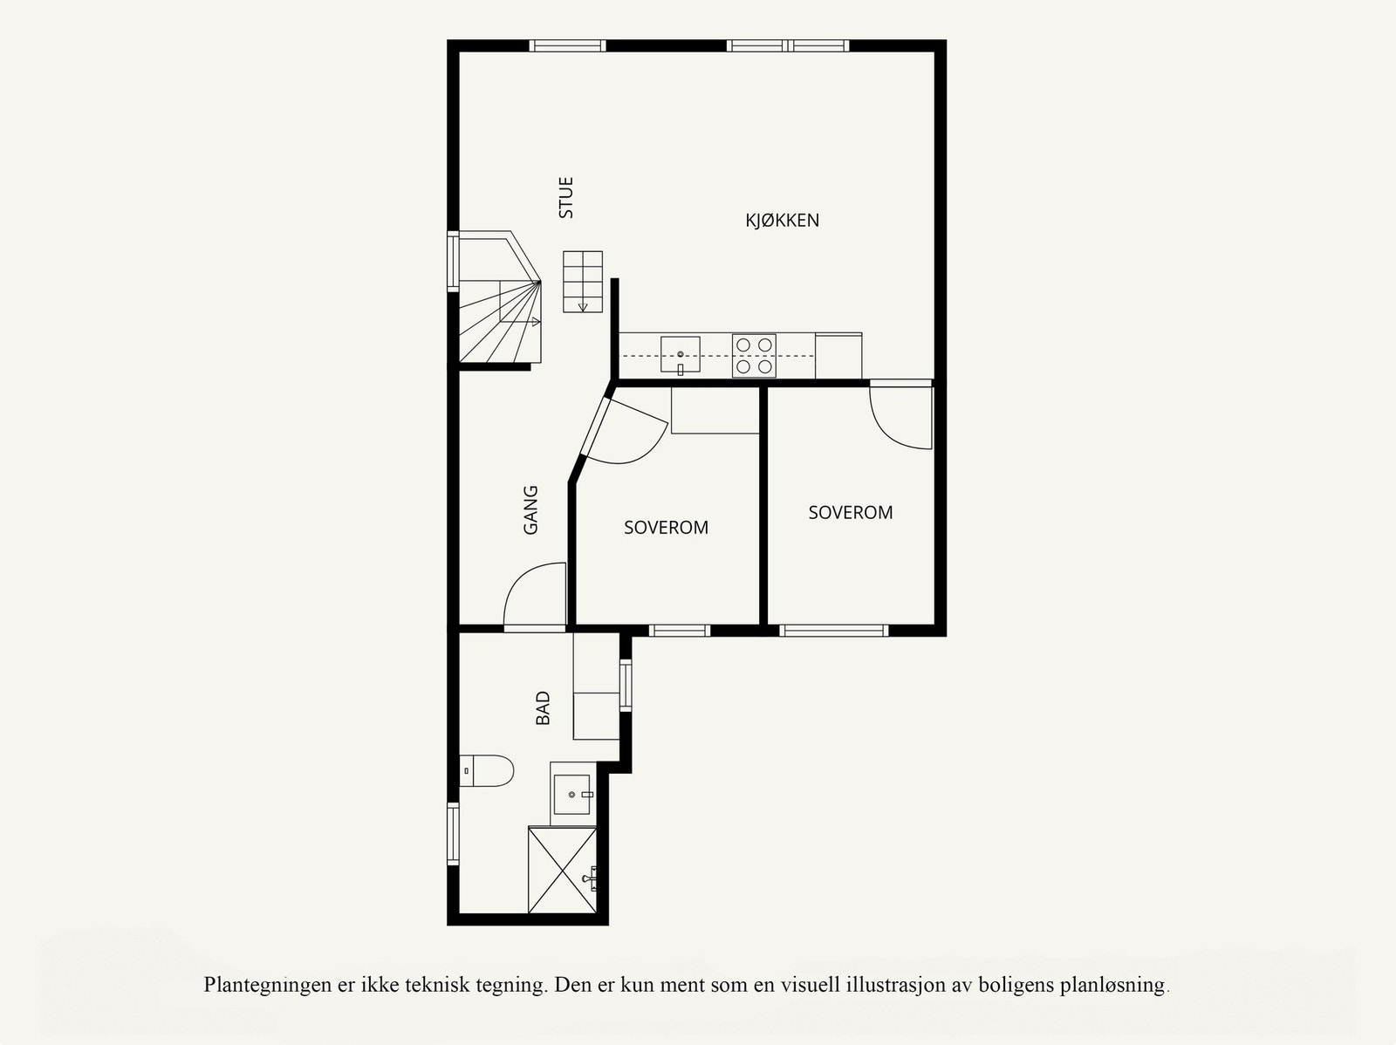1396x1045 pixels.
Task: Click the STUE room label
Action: pyautogui.click(x=567, y=198)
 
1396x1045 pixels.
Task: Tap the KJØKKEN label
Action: pyautogui.click(x=782, y=221)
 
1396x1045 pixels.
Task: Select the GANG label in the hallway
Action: pyautogui.click(x=530, y=509)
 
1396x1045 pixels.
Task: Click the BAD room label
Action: pyautogui.click(x=543, y=708)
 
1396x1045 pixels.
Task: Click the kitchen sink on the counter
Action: pyautogui.click(x=680, y=354)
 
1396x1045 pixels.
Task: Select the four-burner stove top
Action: pyautogui.click(x=754, y=355)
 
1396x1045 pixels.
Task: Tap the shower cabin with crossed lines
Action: pyautogui.click(x=563, y=871)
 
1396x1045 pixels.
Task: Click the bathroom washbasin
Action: pyautogui.click(x=572, y=794)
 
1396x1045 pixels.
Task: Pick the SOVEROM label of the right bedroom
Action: pyautogui.click(x=851, y=513)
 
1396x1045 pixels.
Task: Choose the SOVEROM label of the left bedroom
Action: pyautogui.click(x=666, y=528)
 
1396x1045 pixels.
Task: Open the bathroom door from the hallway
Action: pyautogui.click(x=534, y=596)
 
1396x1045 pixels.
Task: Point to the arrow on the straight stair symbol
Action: pyautogui.click(x=583, y=305)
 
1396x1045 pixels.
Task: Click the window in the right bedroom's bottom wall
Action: pyautogui.click(x=833, y=630)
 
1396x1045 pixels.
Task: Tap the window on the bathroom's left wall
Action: pyautogui.click(x=453, y=833)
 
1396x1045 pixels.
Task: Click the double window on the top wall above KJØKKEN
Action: pyautogui.click(x=788, y=45)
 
